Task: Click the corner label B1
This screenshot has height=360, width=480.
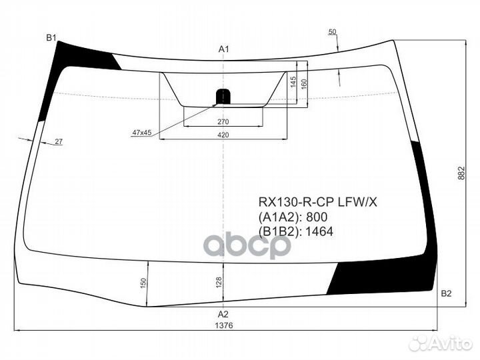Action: click(x=51, y=37)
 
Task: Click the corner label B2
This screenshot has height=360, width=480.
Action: click(x=446, y=294)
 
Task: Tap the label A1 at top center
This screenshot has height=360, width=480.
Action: click(x=224, y=49)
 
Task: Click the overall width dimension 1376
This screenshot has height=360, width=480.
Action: click(x=223, y=325)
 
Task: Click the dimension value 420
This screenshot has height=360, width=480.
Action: click(x=223, y=135)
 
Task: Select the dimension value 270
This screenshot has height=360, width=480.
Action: click(x=223, y=122)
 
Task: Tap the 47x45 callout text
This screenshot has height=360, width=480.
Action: click(x=142, y=133)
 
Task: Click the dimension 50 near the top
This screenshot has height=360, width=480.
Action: click(x=333, y=32)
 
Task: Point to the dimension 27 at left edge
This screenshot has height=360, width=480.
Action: click(x=59, y=142)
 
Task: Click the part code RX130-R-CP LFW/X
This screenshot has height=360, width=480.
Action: click(x=317, y=202)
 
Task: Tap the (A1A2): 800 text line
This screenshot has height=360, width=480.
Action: click(x=293, y=217)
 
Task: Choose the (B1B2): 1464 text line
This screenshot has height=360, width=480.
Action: click(x=295, y=231)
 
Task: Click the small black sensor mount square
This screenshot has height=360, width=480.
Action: click(x=221, y=95)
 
